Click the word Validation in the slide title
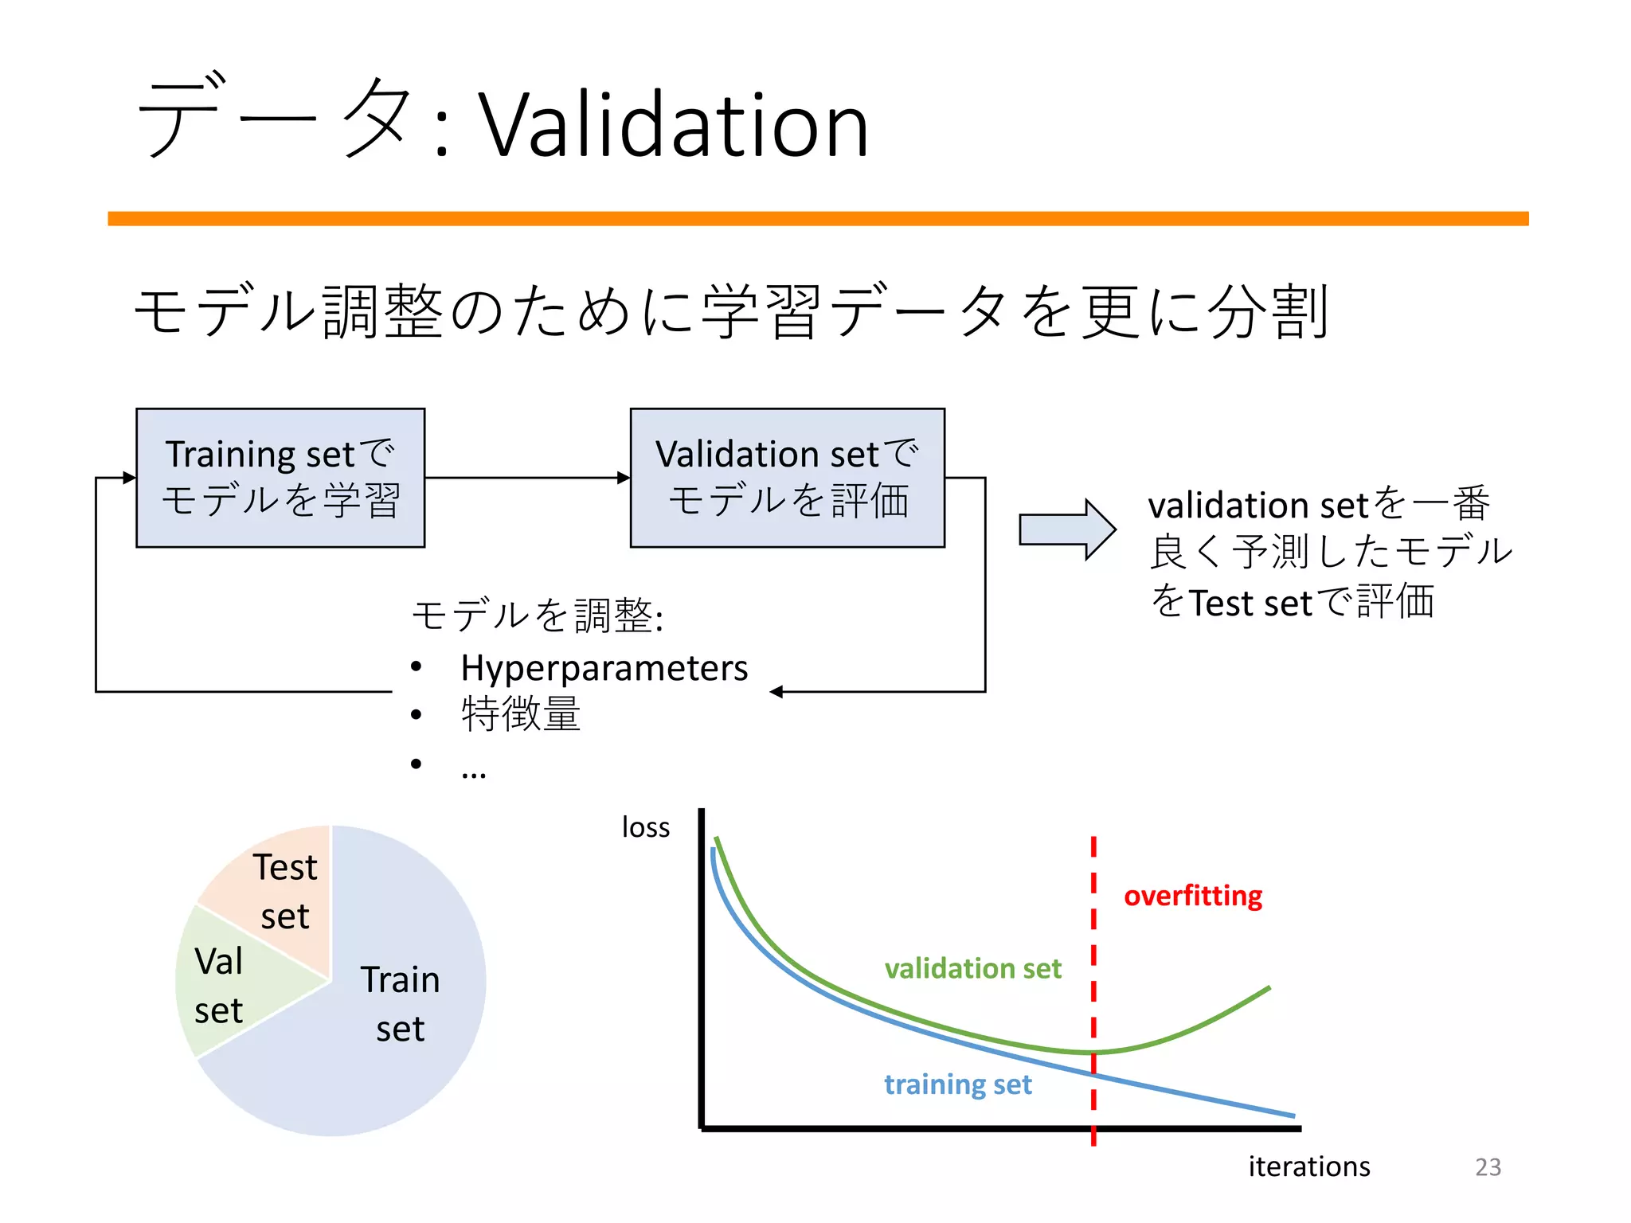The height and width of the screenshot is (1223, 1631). [x=673, y=126]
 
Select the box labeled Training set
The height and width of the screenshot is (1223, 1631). [x=280, y=478]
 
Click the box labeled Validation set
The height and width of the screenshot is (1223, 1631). [x=787, y=478]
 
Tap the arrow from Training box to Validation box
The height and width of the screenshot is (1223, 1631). [x=526, y=478]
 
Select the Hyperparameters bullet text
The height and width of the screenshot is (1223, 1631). [x=604, y=668]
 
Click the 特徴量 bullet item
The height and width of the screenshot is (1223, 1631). [x=521, y=714]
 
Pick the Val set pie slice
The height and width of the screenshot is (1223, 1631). [x=219, y=986]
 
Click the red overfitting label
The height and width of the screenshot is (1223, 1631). [x=1192, y=896]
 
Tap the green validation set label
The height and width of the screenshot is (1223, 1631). [x=972, y=968]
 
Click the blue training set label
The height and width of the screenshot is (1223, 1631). [x=957, y=1084]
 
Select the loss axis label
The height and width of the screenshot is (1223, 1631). [x=645, y=827]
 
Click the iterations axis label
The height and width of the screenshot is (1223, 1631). [x=1308, y=1166]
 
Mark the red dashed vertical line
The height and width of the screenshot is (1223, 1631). [x=1093, y=955]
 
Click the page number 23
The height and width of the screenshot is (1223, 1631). [x=1488, y=1166]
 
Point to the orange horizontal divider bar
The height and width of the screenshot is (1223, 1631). [x=818, y=218]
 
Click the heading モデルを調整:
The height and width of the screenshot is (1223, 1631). [x=538, y=615]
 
